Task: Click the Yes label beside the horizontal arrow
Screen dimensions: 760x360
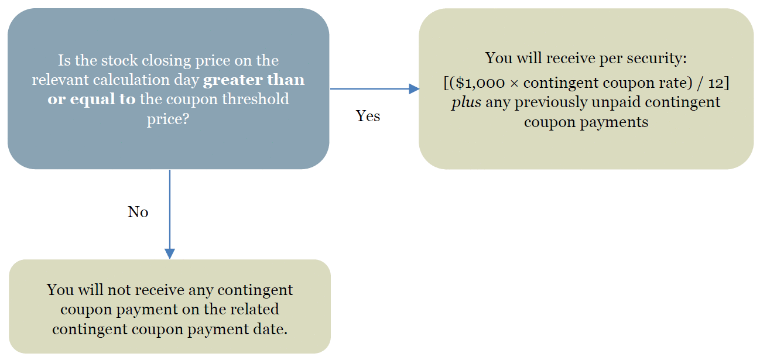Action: click(368, 116)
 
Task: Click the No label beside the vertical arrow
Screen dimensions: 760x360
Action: click(138, 212)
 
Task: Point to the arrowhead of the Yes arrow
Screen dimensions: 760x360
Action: click(415, 89)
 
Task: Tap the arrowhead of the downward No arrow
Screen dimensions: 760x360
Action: click(170, 254)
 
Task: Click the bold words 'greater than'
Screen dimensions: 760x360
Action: click(254, 80)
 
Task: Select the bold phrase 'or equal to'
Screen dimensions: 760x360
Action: click(91, 99)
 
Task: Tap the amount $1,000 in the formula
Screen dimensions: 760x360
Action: click(480, 83)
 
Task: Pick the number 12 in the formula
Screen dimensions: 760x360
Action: click(716, 83)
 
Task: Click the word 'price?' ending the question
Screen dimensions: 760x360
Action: click(168, 119)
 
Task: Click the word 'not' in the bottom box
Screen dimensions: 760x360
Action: click(117, 290)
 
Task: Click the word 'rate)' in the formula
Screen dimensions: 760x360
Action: click(676, 83)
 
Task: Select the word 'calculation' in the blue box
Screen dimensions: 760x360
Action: click(131, 80)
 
